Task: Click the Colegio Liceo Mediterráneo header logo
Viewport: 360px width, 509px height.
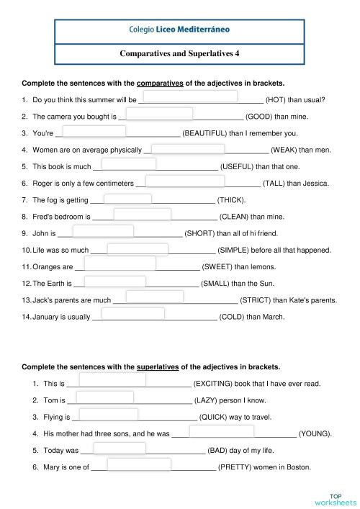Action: pyautogui.click(x=179, y=31)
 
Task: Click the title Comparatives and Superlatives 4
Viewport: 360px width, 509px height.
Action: pyautogui.click(x=179, y=53)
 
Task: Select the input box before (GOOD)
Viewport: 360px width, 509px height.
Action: pyautogui.click(x=159, y=112)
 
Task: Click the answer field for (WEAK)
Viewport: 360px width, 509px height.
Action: pyautogui.click(x=188, y=148)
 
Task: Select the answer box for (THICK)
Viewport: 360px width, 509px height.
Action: pyautogui.click(x=127, y=199)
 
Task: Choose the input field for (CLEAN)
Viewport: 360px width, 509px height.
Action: pyautogui.click(x=142, y=214)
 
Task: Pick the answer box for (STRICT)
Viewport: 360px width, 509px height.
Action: pyautogui.click(x=155, y=296)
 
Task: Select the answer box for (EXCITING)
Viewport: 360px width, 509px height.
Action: pyautogui.click(x=113, y=379)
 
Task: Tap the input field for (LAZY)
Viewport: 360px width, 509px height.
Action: pyautogui.click(x=105, y=397)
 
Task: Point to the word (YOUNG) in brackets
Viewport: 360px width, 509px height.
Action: pyautogui.click(x=315, y=434)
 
